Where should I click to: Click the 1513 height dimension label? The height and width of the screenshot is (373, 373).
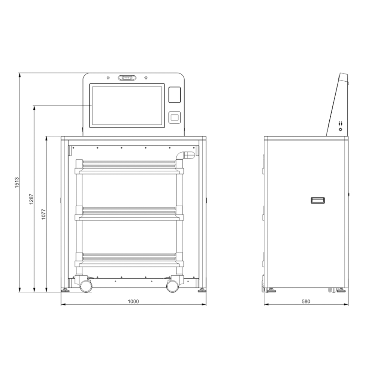click(x=17, y=182)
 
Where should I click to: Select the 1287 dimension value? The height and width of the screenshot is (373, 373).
click(x=31, y=199)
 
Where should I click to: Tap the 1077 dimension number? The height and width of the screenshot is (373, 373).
click(x=43, y=214)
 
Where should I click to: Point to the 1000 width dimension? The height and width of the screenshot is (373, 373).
click(x=133, y=301)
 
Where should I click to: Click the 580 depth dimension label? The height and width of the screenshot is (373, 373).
click(x=306, y=301)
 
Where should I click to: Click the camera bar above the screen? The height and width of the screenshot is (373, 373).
click(x=127, y=78)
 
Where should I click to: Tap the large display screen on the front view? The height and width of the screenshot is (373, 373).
click(x=127, y=106)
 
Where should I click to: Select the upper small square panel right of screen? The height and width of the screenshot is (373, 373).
click(x=175, y=95)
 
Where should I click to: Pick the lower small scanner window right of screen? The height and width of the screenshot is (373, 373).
click(x=175, y=117)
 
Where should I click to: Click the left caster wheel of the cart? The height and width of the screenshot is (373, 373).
click(x=86, y=286)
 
